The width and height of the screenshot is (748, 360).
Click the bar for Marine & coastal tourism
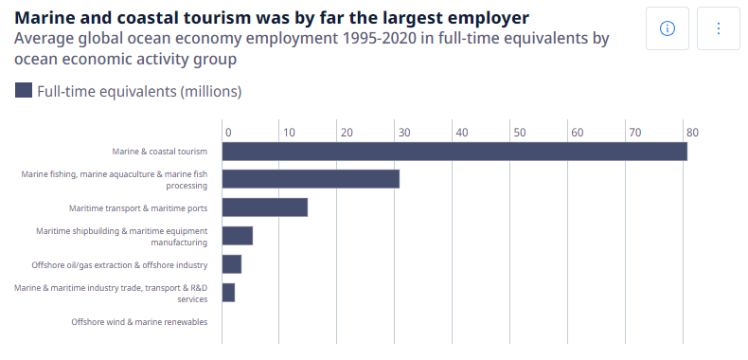click(454, 151)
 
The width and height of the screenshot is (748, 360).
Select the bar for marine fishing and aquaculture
click(310, 179)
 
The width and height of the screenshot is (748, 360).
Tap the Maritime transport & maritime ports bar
click(264, 207)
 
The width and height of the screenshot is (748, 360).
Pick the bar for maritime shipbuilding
click(237, 236)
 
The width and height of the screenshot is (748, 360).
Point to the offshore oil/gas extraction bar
click(231, 264)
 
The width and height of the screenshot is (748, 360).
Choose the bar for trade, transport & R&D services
click(228, 293)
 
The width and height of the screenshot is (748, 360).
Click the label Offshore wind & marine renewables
click(139, 321)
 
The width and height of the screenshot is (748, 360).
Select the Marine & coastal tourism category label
click(159, 151)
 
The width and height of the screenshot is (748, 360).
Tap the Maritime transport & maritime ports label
click(138, 207)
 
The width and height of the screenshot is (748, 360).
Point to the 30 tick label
click(404, 132)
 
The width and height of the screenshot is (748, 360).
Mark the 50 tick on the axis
click(520, 132)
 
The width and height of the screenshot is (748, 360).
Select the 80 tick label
click(692, 132)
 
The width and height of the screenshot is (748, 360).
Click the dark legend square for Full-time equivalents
click(24, 91)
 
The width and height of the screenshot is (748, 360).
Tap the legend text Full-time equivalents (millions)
click(139, 92)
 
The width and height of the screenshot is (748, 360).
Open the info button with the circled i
click(667, 28)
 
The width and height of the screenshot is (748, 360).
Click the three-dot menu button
click(718, 28)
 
